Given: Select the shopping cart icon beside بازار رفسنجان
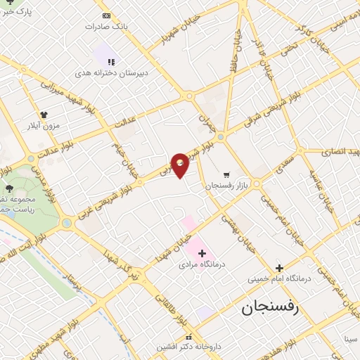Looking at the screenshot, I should [x=226, y=174].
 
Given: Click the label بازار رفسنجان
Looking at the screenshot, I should [x=224, y=186].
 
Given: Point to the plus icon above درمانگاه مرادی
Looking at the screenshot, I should [x=202, y=252].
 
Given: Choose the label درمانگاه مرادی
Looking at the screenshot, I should [x=202, y=265].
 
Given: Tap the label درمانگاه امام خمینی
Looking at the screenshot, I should [x=278, y=278].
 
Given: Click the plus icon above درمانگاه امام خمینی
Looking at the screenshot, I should [x=279, y=267].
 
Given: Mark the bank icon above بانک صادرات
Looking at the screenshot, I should [x=106, y=15].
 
